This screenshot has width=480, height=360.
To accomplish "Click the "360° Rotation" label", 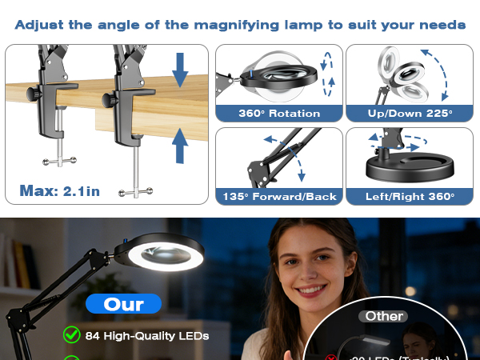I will tap(278, 114).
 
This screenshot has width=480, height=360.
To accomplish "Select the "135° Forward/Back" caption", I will tap(278, 197).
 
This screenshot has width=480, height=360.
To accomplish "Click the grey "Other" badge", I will tap(385, 316).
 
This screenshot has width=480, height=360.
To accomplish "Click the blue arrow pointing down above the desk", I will tap(180, 70).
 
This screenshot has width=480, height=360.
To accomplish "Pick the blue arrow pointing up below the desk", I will tap(180, 146).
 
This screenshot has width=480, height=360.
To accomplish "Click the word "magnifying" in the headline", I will tap(211, 25).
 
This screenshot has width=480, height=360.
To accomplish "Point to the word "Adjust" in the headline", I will tap(41, 25).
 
